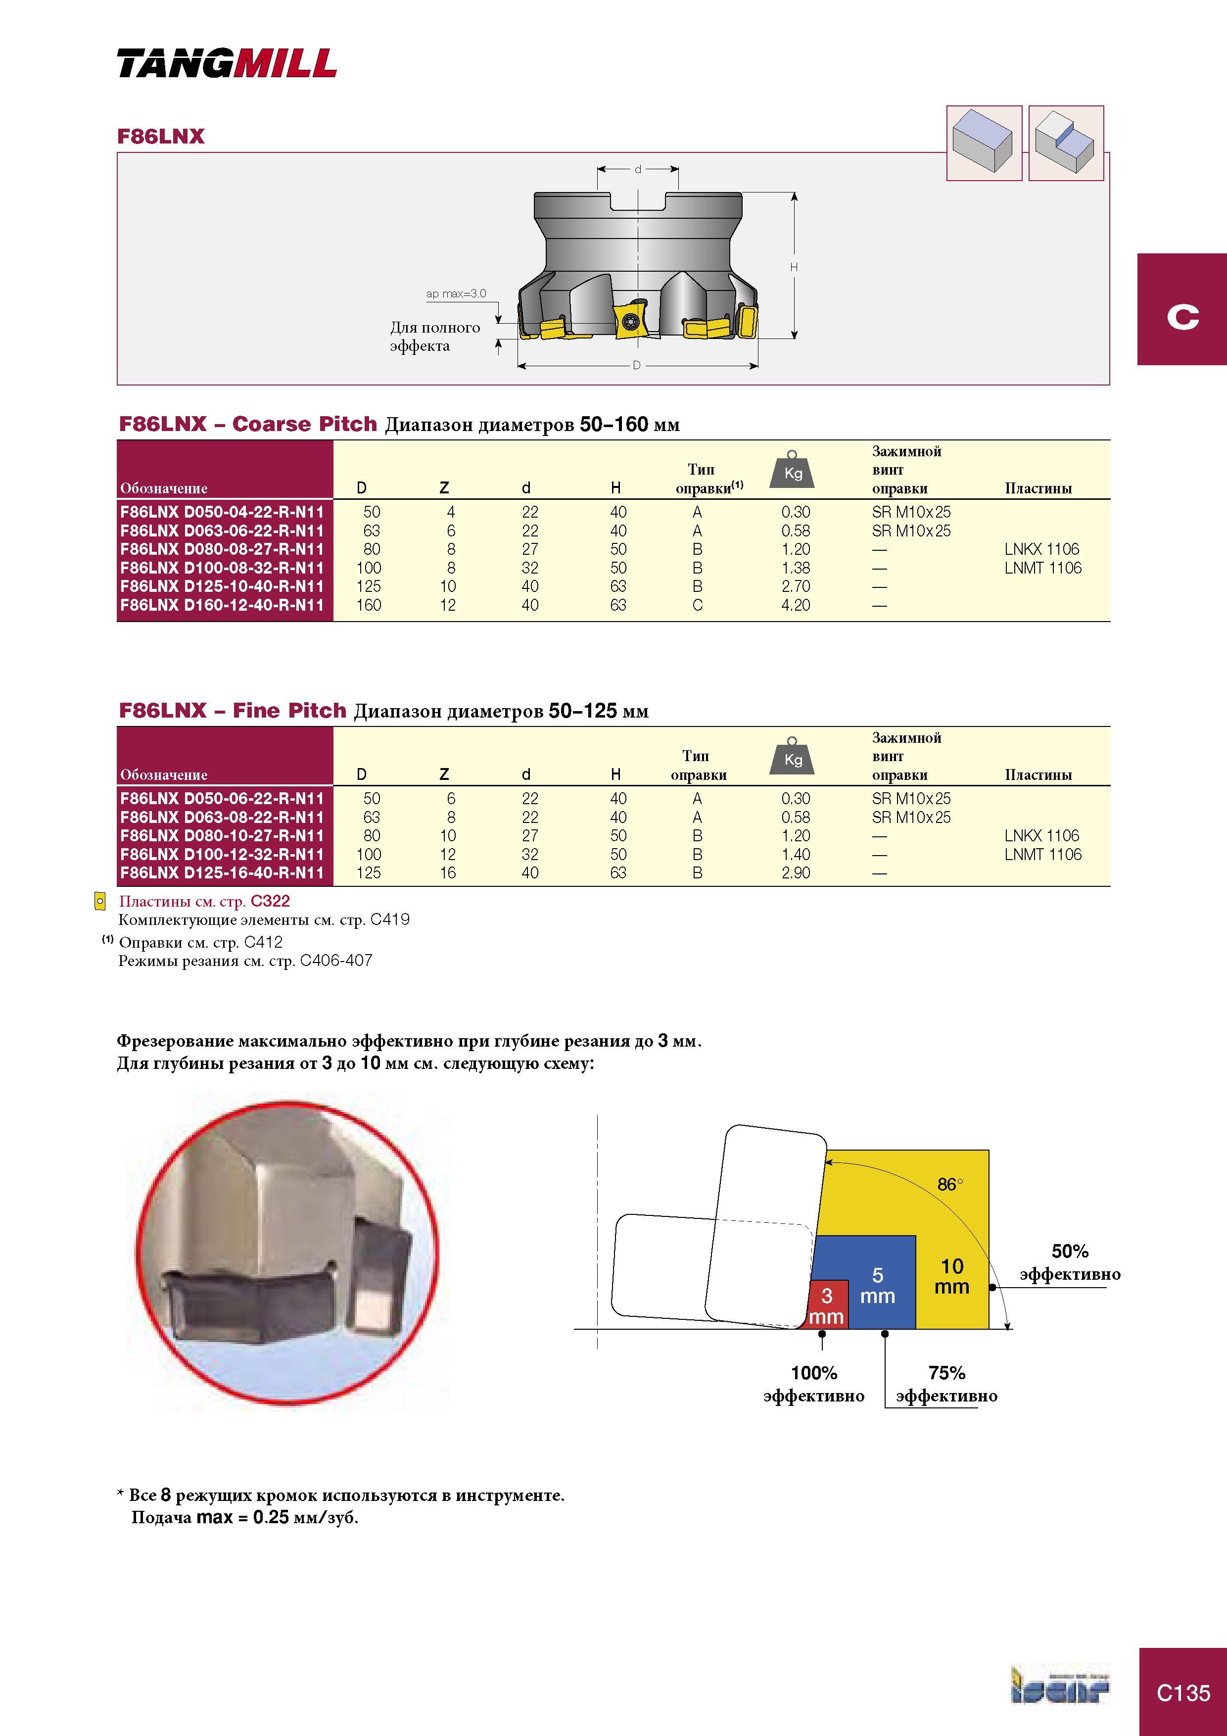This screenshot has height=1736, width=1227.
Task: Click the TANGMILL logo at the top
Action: pyautogui.click(x=227, y=63)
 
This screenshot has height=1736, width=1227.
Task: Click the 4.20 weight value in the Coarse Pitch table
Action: pyautogui.click(x=795, y=605)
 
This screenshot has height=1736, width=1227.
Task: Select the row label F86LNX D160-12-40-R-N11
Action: pyautogui.click(x=222, y=605)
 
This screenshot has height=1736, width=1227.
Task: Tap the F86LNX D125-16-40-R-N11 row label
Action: pyautogui.click(x=222, y=872)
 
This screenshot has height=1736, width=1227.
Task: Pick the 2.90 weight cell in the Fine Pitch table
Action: pyautogui.click(x=795, y=872)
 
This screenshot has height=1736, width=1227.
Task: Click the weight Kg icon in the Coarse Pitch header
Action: pyautogui.click(x=792, y=470)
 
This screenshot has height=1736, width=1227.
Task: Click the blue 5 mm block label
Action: pyautogui.click(x=877, y=1285)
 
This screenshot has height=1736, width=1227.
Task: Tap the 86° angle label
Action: pyautogui.click(x=950, y=1184)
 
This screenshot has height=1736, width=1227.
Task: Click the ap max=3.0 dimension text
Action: pyautogui.click(x=456, y=293)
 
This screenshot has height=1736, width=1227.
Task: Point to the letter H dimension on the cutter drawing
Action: pyautogui.click(x=794, y=267)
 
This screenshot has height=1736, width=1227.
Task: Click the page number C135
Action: pyautogui.click(x=1183, y=1693)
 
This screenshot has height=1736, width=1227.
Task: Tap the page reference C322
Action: pyautogui.click(x=270, y=901)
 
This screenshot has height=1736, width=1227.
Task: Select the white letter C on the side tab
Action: pyautogui.click(x=1183, y=316)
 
